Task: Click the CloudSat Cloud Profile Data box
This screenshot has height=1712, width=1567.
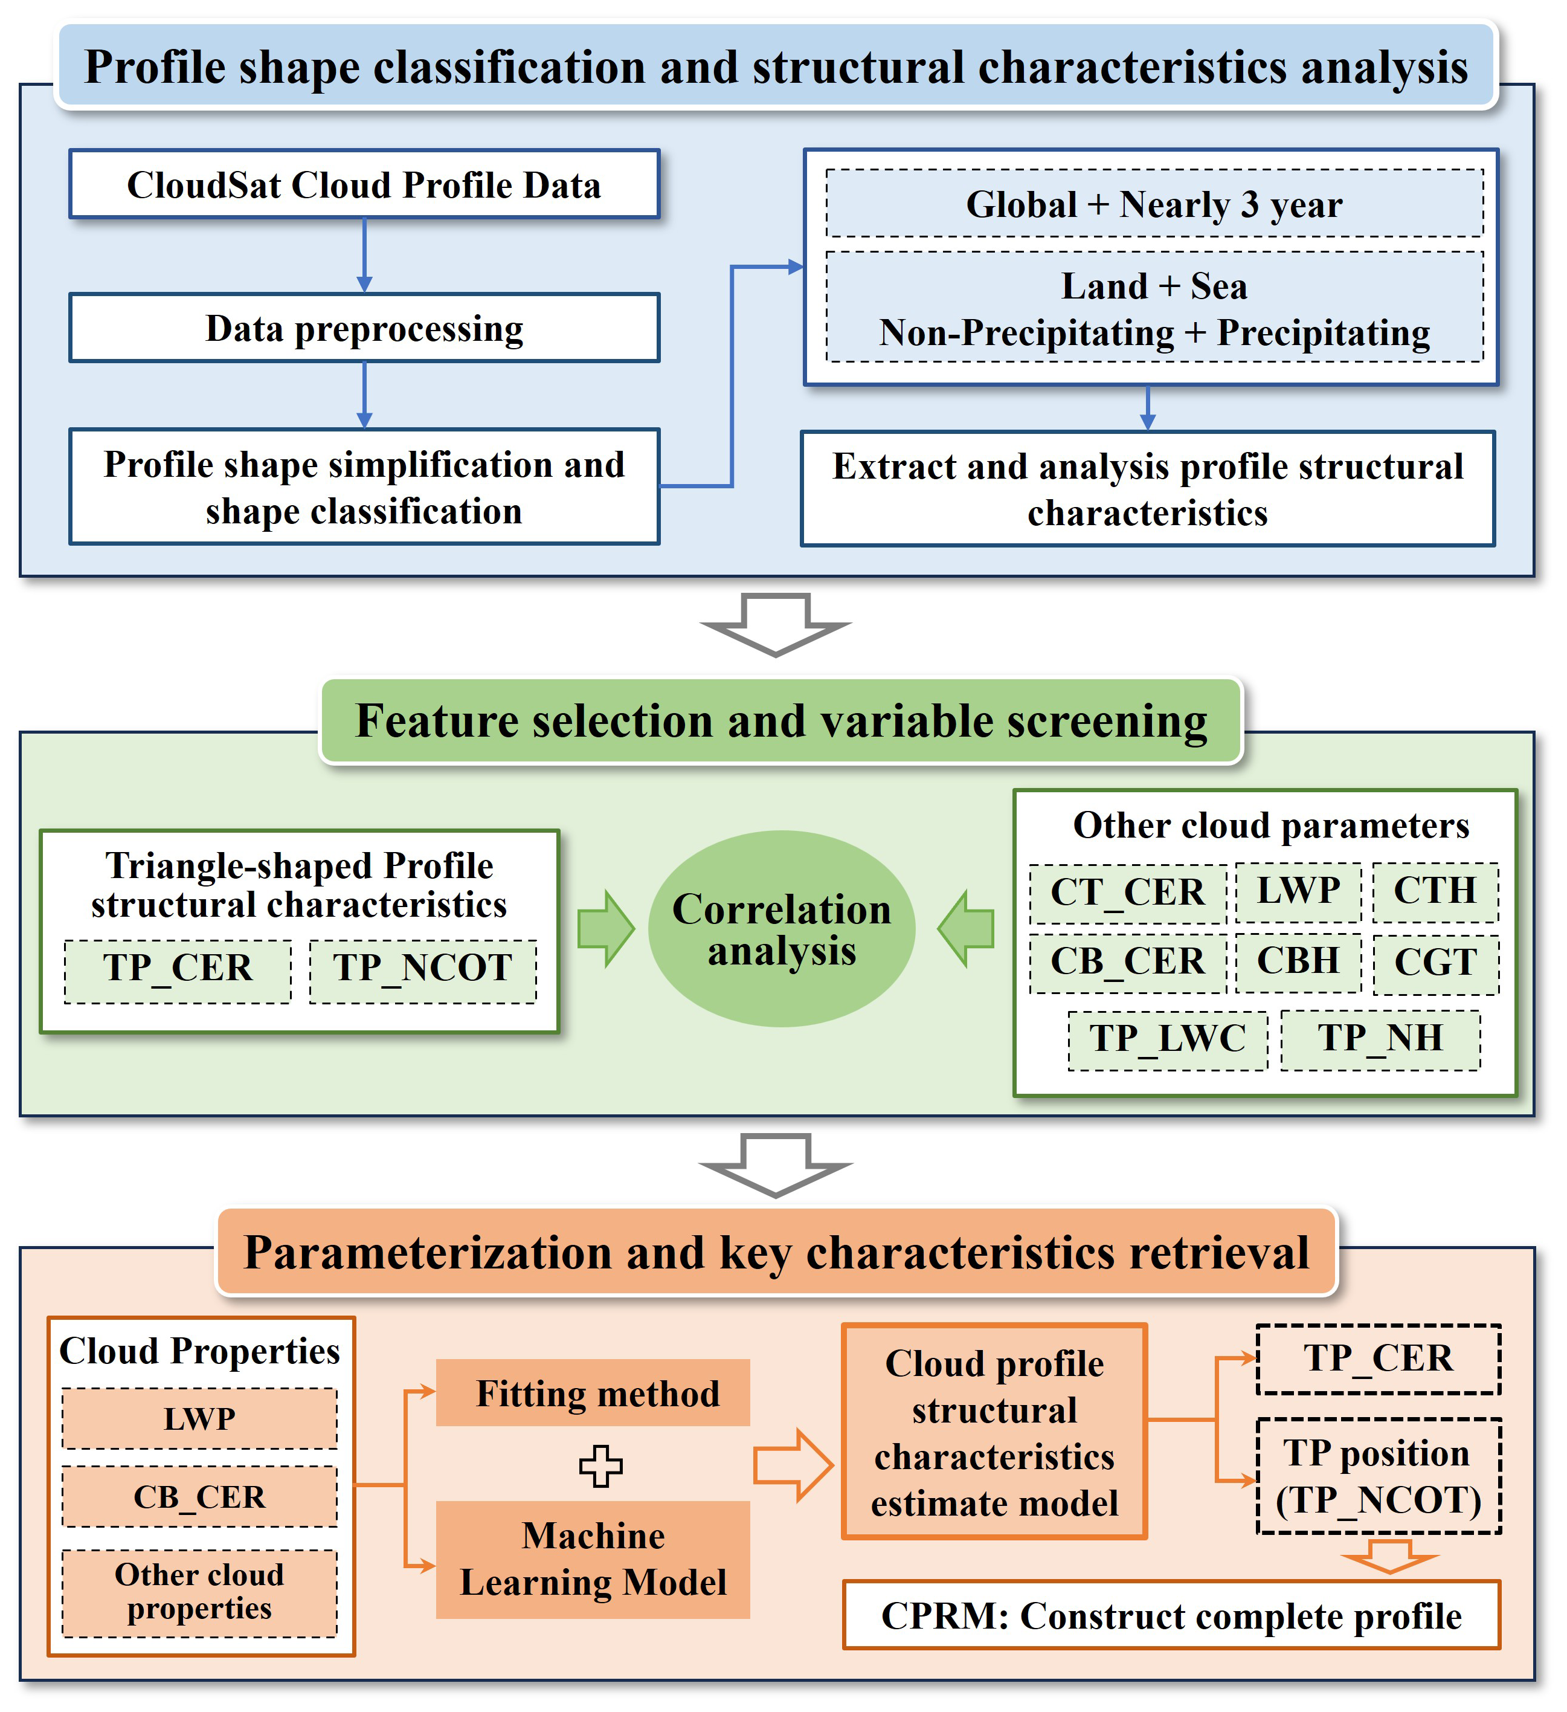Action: tap(364, 184)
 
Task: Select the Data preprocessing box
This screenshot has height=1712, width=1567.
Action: tap(364, 328)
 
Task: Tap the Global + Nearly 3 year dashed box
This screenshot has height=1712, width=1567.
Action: tap(1154, 204)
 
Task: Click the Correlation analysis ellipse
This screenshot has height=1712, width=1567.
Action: tap(781, 929)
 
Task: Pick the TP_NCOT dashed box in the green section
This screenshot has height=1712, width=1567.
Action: tap(423, 971)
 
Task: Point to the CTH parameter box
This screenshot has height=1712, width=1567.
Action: tap(1435, 892)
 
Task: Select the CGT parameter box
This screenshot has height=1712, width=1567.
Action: tap(1435, 963)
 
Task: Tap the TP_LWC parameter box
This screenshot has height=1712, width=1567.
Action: tap(1167, 1039)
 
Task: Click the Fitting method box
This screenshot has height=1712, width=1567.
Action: tap(593, 1393)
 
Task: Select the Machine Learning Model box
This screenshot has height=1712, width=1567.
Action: tap(593, 1559)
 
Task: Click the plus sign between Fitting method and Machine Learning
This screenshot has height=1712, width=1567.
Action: tap(600, 1465)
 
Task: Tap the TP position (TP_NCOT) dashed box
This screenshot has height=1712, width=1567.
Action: tap(1378, 1476)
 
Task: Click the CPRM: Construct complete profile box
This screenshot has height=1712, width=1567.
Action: tap(1171, 1615)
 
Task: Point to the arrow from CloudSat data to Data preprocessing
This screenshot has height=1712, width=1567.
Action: tap(364, 256)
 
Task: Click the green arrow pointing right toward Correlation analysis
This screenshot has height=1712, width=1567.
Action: tap(605, 929)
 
